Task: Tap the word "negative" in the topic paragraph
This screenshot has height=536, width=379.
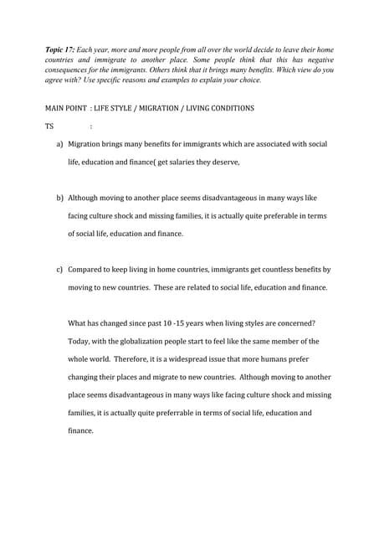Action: [x=313, y=61]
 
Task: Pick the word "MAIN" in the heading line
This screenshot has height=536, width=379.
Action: [x=55, y=110]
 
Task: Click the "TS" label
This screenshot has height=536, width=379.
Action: [x=49, y=127]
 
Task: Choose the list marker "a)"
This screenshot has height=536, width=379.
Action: [x=59, y=144]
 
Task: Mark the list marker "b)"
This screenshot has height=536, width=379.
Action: [x=59, y=198]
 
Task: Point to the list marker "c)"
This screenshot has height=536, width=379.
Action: [x=59, y=270]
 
